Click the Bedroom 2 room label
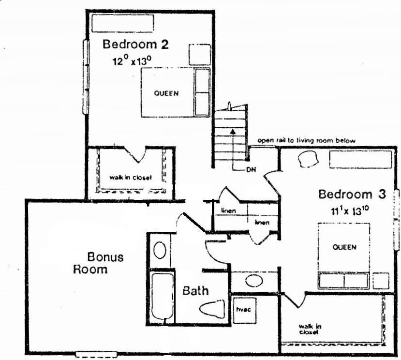(135, 45)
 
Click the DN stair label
(250, 169)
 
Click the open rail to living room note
(307, 140)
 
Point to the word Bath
(195, 291)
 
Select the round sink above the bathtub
(160, 251)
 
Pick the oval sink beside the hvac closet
(253, 281)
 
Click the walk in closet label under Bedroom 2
(131, 178)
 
